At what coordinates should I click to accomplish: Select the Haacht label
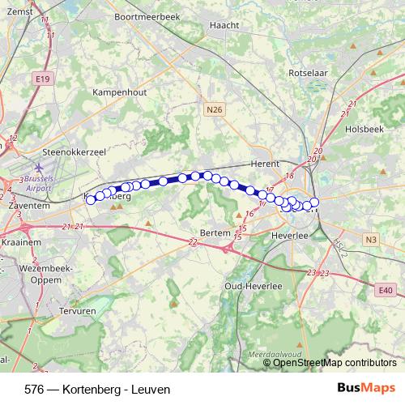(x=224, y=25)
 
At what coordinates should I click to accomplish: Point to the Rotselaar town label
(x=307, y=72)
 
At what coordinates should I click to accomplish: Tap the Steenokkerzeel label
(x=75, y=151)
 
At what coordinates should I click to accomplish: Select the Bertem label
(x=215, y=232)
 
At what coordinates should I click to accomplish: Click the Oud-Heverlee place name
(x=254, y=287)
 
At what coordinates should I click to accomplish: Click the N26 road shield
(x=213, y=109)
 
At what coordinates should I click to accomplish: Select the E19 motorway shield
(x=43, y=79)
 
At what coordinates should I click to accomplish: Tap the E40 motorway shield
(x=385, y=290)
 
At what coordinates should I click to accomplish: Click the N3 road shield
(x=371, y=239)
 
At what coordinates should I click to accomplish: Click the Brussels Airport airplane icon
(x=40, y=167)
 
